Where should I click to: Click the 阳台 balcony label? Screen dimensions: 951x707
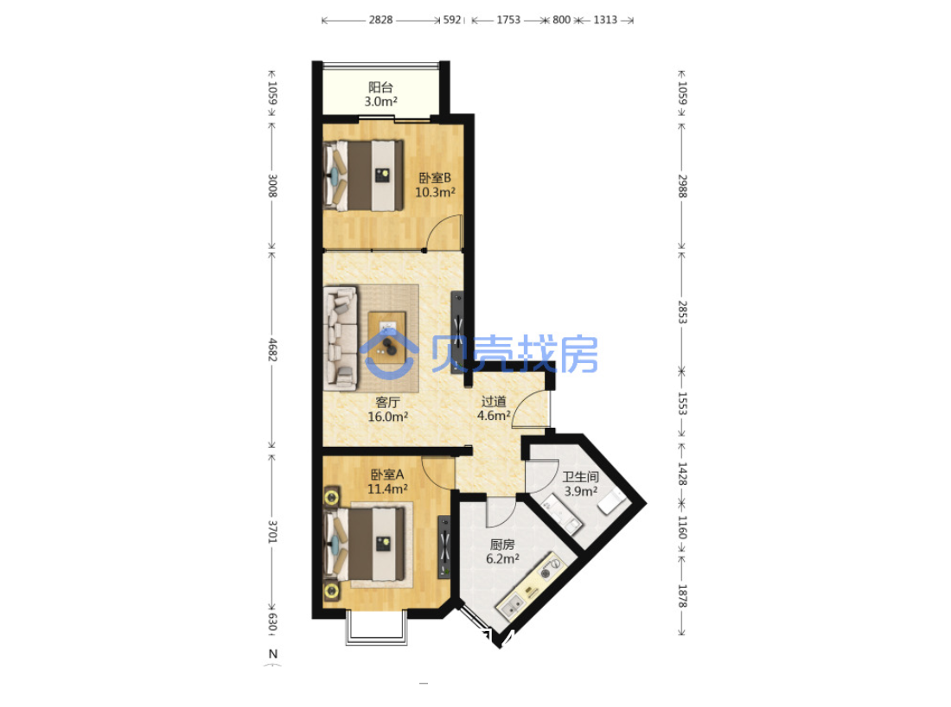point(381,87)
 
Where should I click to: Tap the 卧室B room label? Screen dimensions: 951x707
point(435,178)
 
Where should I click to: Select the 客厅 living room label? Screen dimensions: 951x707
point(387,403)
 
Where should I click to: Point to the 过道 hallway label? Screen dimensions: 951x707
point(494,401)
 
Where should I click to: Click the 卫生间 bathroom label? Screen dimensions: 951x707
point(580,477)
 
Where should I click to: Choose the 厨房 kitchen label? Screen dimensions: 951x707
point(502,545)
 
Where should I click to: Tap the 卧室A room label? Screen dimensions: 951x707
point(387,475)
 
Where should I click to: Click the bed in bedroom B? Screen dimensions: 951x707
point(364,175)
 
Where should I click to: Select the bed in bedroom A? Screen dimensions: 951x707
point(365,544)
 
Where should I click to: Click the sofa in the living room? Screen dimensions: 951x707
point(341,338)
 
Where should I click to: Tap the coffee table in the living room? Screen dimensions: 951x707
point(387,337)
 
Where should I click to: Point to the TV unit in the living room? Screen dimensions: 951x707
point(457,332)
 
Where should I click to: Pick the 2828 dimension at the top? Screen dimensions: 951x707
point(381,20)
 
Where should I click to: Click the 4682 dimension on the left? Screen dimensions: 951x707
point(272,350)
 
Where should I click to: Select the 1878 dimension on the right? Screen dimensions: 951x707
point(682,596)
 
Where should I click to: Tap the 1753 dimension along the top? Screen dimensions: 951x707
point(508,20)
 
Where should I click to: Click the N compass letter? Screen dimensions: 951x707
point(273,653)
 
